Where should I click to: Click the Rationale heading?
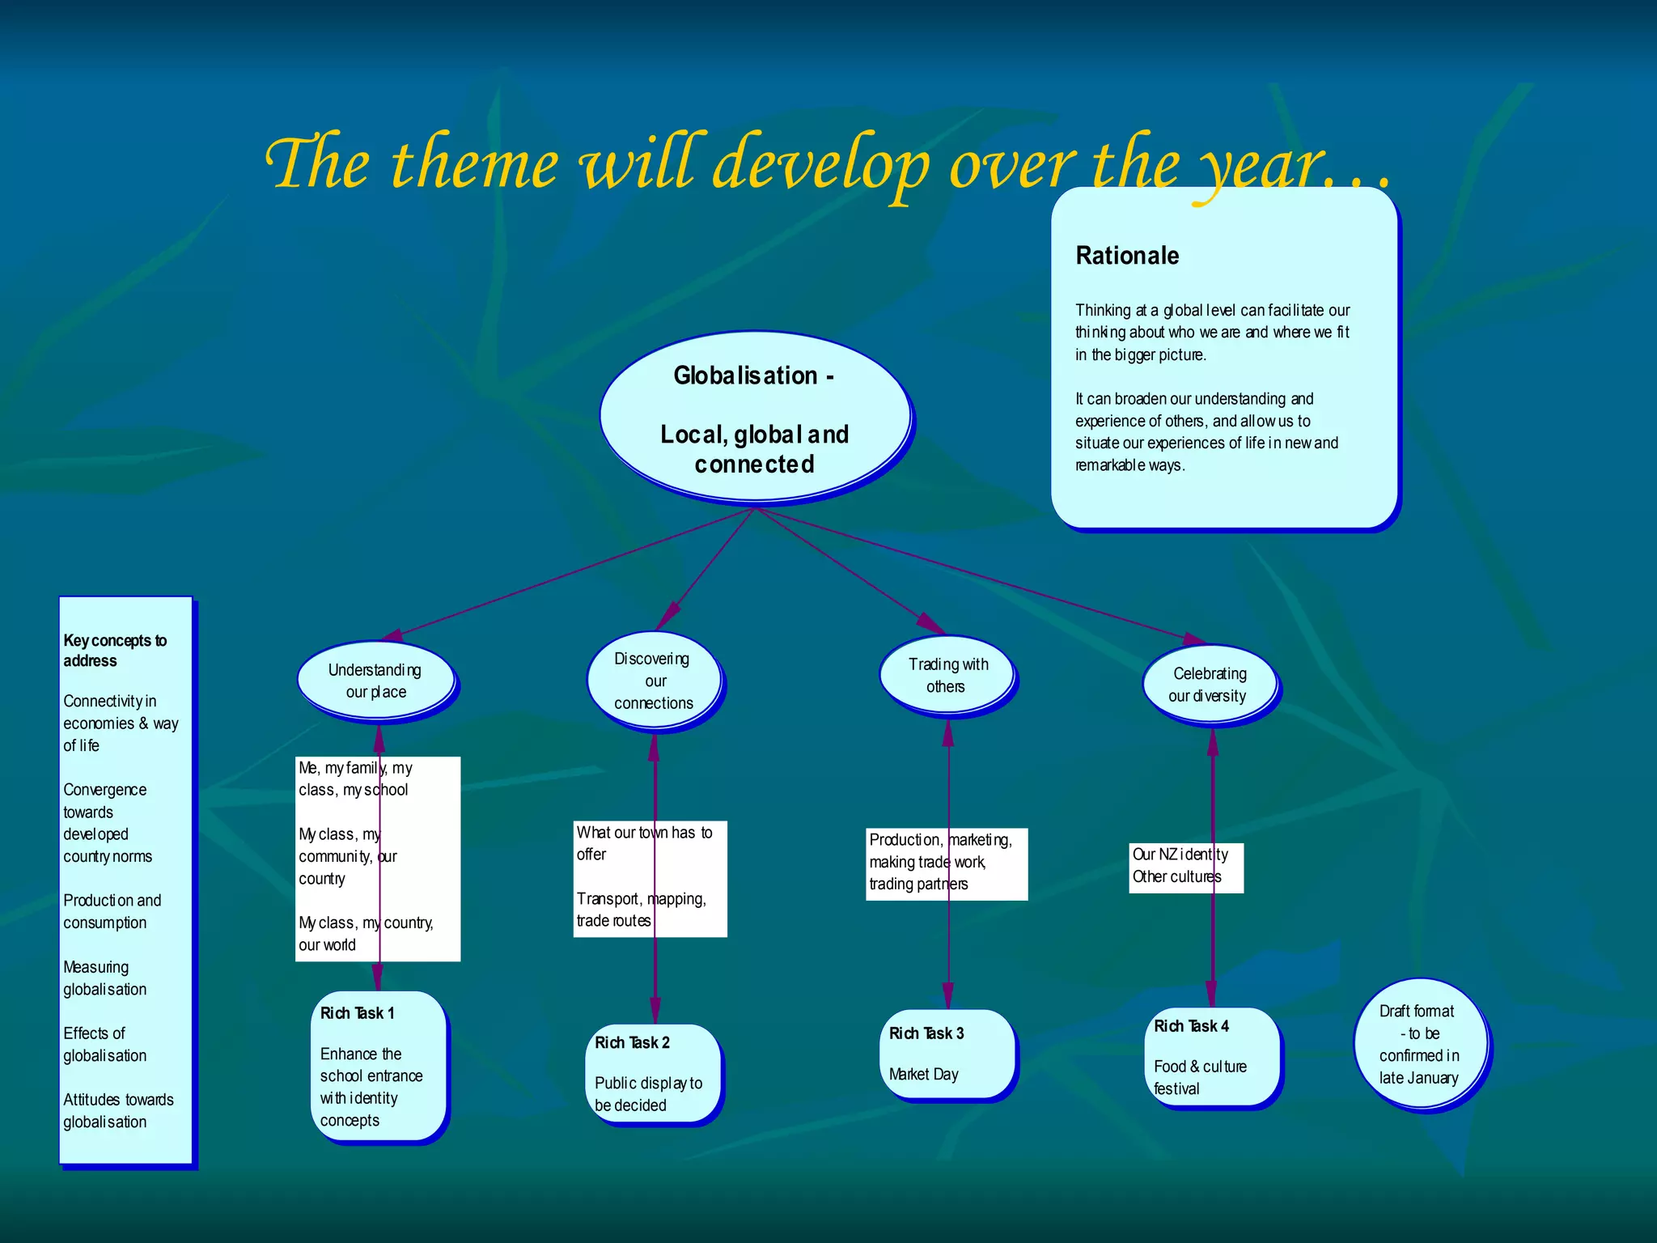point(1126,256)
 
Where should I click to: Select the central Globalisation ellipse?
point(754,417)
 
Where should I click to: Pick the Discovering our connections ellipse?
point(653,681)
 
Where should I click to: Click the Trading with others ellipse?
point(947,675)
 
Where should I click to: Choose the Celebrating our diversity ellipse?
point(1209,685)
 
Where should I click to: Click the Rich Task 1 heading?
point(357,1013)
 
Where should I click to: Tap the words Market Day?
point(923,1074)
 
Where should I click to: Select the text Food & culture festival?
point(1200,1077)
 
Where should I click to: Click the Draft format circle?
point(1420,1044)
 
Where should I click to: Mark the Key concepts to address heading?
point(114,651)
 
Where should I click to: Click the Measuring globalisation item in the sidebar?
point(104,978)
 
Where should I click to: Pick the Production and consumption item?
point(112,911)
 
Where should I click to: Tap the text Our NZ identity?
point(1179,855)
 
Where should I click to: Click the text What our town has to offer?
point(643,842)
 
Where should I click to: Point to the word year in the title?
point(1262,166)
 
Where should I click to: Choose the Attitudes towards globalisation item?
point(118,1110)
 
